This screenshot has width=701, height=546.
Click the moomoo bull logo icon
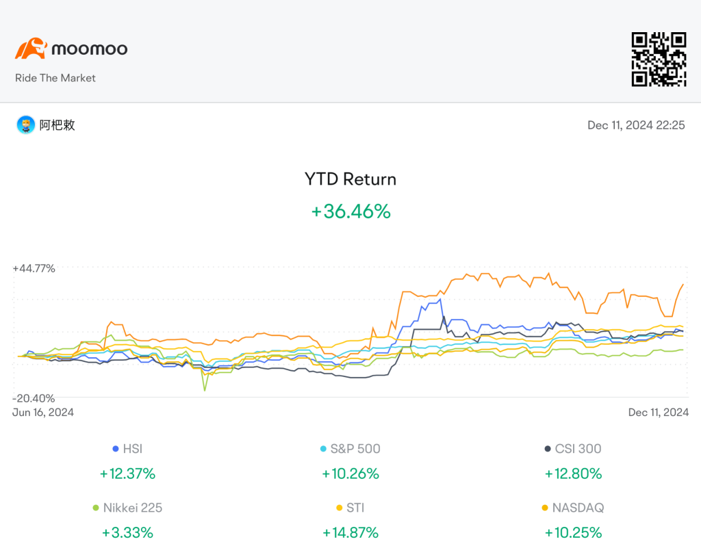point(31,49)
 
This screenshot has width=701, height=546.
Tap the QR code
point(659,59)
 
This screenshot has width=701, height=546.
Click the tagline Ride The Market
point(55,78)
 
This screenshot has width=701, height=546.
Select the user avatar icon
point(26,125)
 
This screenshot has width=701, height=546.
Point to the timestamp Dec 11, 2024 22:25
point(636,125)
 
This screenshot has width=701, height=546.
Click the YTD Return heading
point(350,179)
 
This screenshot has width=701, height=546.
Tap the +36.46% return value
point(351,211)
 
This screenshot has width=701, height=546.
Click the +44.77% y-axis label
point(34,268)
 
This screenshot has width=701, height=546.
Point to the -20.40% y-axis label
point(34,398)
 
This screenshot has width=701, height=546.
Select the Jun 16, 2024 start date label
point(43,412)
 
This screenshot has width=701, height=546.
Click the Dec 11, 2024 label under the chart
point(658,412)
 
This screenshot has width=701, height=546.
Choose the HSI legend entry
point(127,449)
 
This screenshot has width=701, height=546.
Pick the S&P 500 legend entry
point(350,449)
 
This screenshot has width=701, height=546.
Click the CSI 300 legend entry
point(573,449)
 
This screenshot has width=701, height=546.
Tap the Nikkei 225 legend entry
point(127,508)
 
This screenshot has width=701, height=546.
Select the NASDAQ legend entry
point(573,508)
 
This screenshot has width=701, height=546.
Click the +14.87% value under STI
point(350,532)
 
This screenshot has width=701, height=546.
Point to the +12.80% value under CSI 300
point(573,473)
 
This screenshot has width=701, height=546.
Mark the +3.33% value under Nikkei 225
point(127,532)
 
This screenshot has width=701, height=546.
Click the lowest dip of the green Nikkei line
point(205,391)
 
